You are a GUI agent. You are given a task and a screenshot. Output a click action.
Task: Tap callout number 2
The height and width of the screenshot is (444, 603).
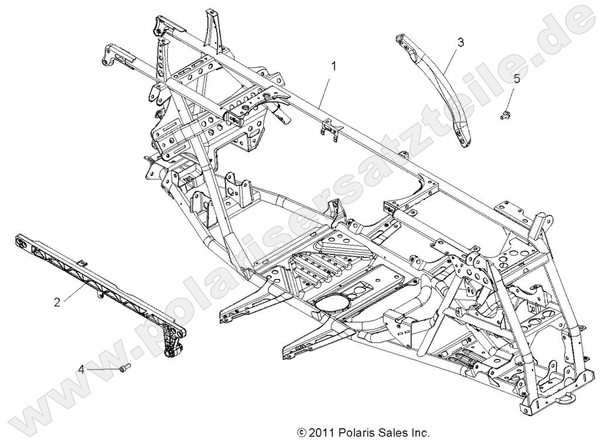[x=57, y=302]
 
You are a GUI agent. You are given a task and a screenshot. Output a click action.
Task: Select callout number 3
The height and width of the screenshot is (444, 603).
[x=461, y=42]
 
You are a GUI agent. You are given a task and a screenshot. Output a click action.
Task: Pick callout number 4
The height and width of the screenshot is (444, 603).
[x=81, y=369]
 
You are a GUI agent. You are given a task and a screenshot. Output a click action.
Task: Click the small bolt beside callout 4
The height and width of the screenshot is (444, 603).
[x=124, y=369]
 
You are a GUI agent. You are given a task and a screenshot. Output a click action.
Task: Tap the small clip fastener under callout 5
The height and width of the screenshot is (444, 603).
[x=503, y=116]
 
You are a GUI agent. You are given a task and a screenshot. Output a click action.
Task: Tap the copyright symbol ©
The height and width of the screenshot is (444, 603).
[x=302, y=433]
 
